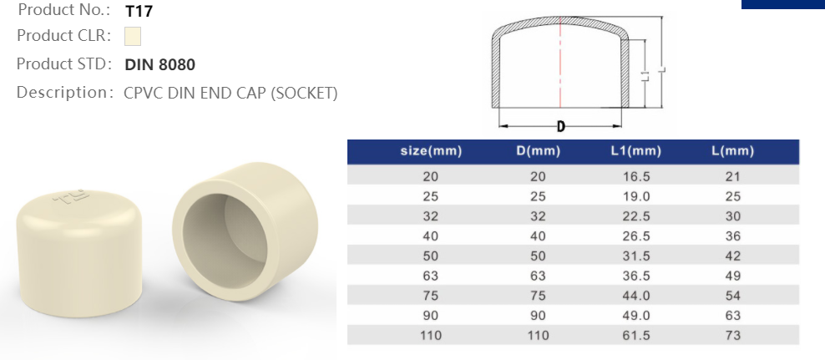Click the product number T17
139,12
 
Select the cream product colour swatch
132,37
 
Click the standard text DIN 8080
159,64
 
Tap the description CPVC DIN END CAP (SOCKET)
230,93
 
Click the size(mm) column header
431,151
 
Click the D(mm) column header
538,151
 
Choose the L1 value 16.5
636,176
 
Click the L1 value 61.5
636,335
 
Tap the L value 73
733,335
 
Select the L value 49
733,276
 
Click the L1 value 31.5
636,256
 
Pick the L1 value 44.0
636,296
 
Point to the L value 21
733,176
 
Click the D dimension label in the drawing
560,127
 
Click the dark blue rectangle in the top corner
782,3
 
